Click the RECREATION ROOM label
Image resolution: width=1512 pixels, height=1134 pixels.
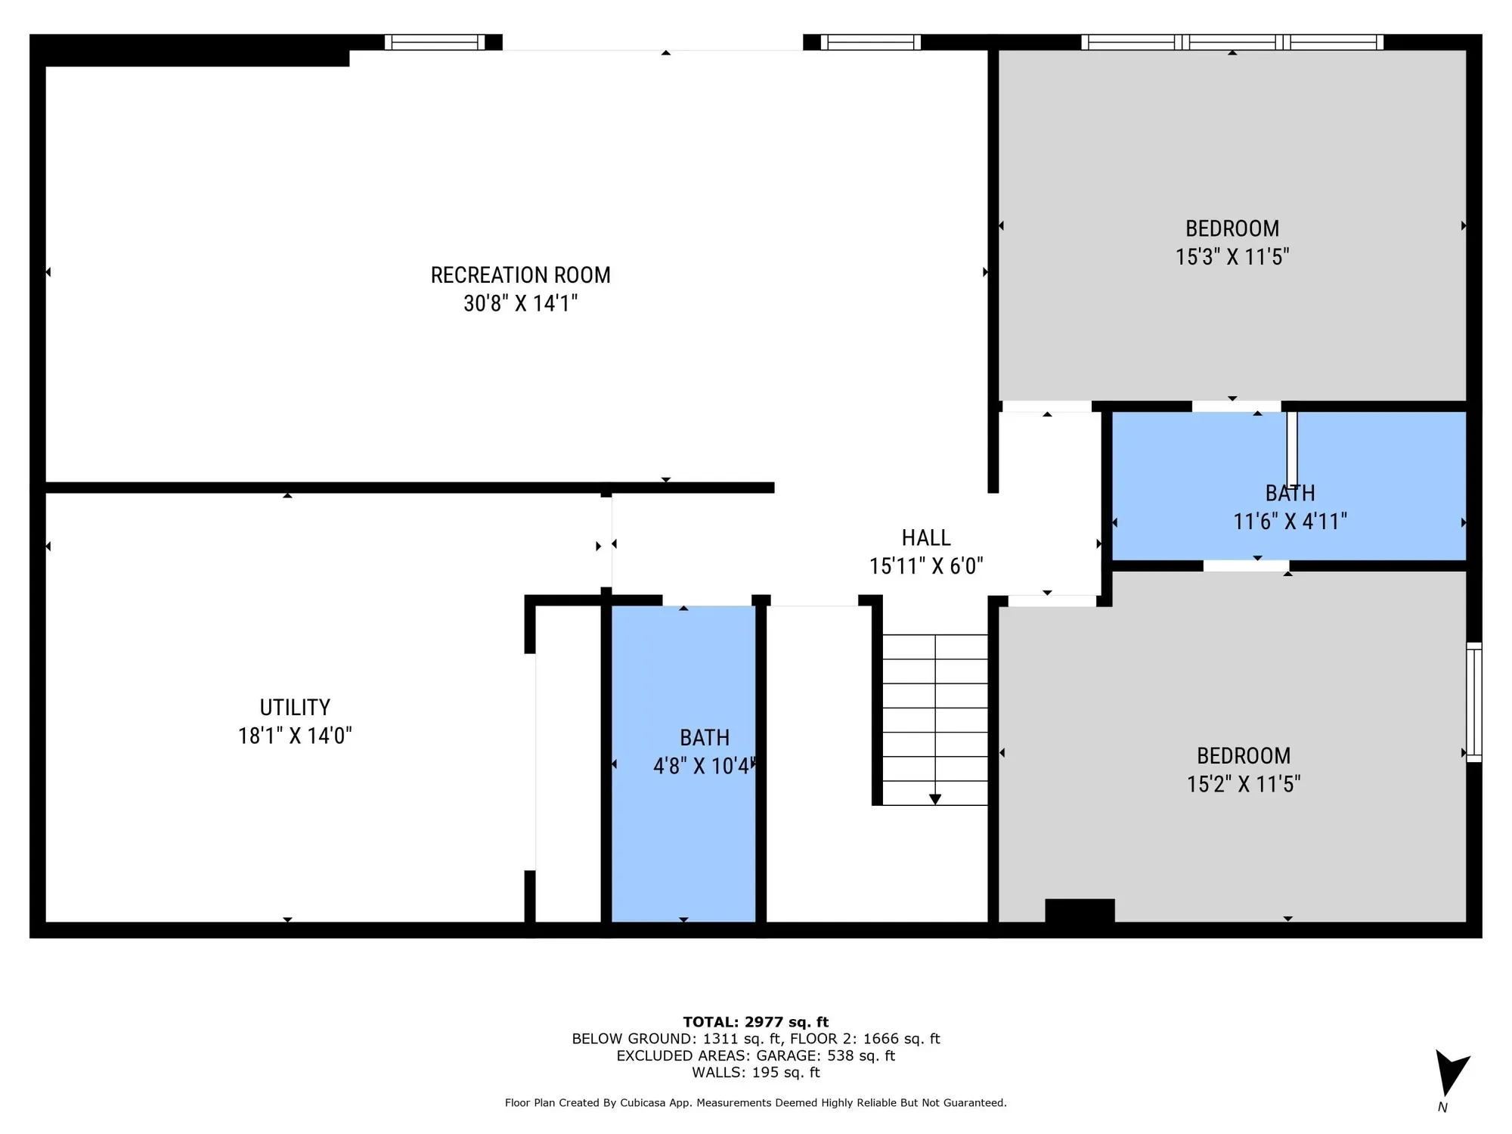click(521, 275)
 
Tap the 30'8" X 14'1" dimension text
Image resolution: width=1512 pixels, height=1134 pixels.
click(521, 303)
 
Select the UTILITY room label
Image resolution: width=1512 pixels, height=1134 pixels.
click(295, 708)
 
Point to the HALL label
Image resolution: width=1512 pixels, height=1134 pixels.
click(926, 538)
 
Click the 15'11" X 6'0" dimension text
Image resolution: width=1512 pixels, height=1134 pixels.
click(926, 566)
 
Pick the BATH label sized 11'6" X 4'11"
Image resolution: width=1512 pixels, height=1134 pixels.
click(1290, 494)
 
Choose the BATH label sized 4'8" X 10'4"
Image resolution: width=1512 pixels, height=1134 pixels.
click(705, 738)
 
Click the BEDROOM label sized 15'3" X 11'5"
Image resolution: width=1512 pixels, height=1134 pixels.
click(1232, 228)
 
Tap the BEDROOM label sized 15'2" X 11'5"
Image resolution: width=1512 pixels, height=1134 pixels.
click(1244, 756)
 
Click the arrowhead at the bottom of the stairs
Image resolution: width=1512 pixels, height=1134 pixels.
click(935, 799)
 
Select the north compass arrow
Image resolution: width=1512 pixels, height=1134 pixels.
click(1450, 1072)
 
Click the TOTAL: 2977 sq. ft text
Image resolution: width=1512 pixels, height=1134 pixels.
click(756, 1022)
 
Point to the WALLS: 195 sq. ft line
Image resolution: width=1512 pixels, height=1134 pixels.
click(756, 1072)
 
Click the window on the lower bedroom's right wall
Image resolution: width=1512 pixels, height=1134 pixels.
click(1474, 702)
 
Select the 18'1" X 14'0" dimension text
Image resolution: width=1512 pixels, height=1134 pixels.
click(295, 736)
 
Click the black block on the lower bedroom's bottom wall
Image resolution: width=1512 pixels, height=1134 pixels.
click(1080, 911)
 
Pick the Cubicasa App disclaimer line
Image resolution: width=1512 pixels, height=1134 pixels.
click(756, 1103)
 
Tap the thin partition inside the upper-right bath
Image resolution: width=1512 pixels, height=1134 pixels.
click(1292, 448)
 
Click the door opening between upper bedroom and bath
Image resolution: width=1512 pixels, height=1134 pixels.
click(1237, 407)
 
